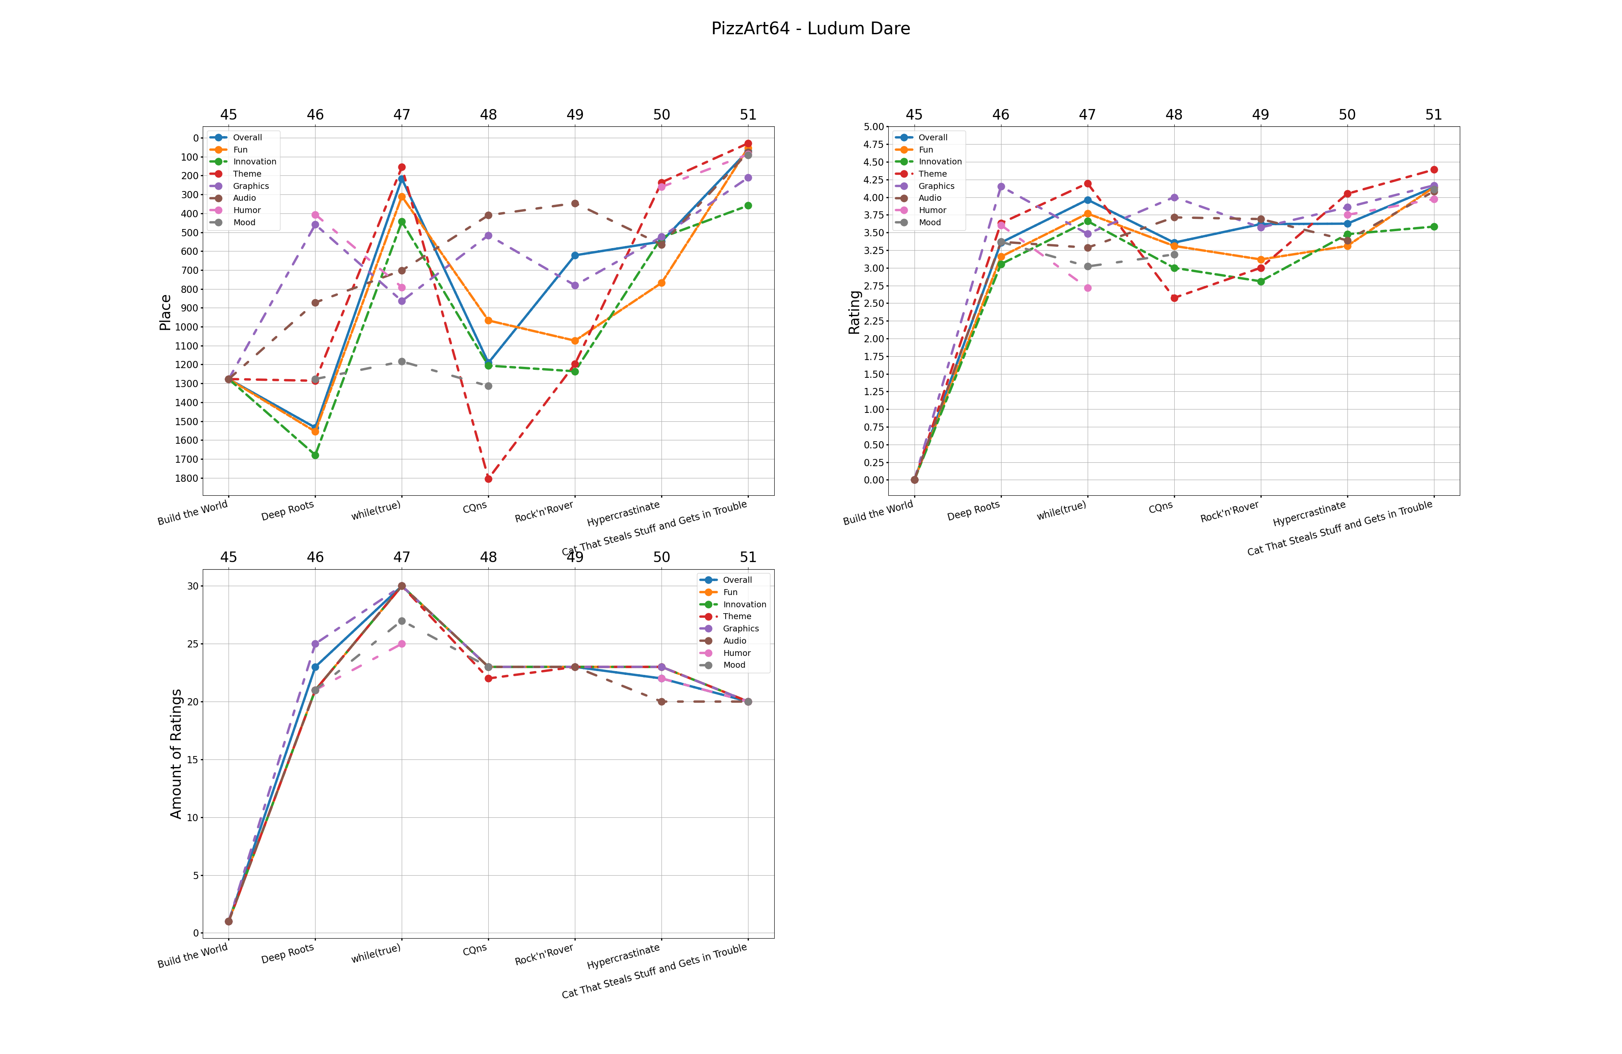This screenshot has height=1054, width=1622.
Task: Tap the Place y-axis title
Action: point(165,312)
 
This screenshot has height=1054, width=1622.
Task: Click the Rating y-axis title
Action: point(854,312)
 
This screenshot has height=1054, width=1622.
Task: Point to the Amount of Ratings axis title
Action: point(176,754)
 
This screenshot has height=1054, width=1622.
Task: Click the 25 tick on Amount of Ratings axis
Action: point(193,644)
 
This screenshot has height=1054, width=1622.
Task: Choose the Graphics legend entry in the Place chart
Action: point(250,186)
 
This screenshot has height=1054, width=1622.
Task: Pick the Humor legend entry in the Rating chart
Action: point(932,210)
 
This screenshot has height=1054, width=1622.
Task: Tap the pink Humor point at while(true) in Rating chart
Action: point(1088,288)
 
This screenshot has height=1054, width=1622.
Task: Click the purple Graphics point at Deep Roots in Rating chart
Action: point(1001,186)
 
